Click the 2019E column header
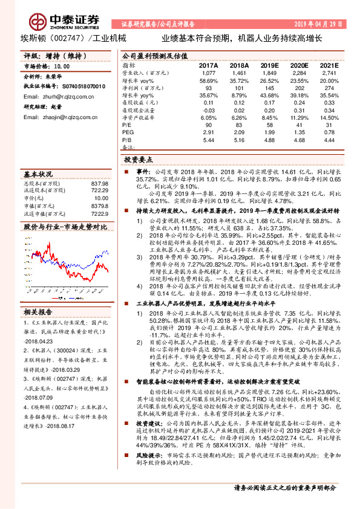pyautogui.click(x=269, y=65)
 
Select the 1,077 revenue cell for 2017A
pyautogui.click(x=208, y=73)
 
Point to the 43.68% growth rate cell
pyautogui.click(x=269, y=96)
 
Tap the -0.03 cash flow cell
pyautogui.click(x=208, y=111)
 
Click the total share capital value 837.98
pyautogui.click(x=99, y=183)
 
